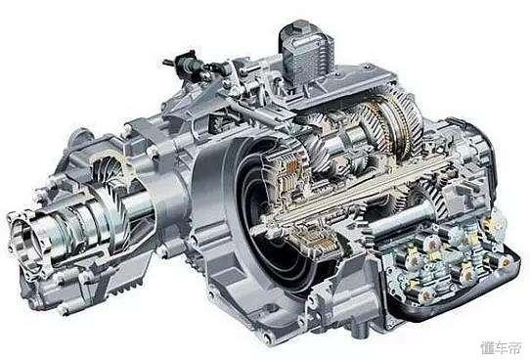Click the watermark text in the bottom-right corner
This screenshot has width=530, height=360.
(x=502, y=348)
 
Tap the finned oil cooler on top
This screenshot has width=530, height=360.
(x=306, y=56)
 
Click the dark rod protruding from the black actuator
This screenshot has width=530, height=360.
(x=168, y=63)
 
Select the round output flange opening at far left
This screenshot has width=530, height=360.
(x=24, y=236)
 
